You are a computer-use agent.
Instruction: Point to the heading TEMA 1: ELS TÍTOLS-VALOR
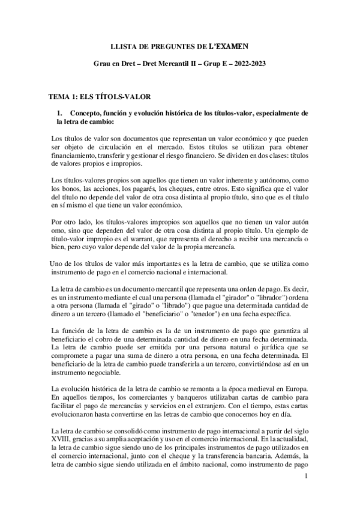point(99,96)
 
